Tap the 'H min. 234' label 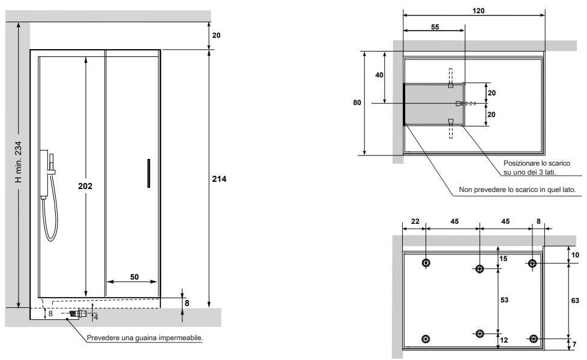18,162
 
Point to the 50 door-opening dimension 134,277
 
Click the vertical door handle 148,173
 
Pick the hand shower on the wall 47,175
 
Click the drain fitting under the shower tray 77,313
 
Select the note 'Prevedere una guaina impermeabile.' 145,338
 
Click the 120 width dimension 478,10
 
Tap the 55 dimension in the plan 435,27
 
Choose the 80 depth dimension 357,103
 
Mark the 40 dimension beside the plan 379,75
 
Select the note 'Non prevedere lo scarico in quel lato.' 517,190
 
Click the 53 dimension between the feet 504,299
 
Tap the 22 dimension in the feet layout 415,221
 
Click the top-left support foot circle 426,263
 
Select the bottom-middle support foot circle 480,335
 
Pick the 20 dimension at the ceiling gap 216,35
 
